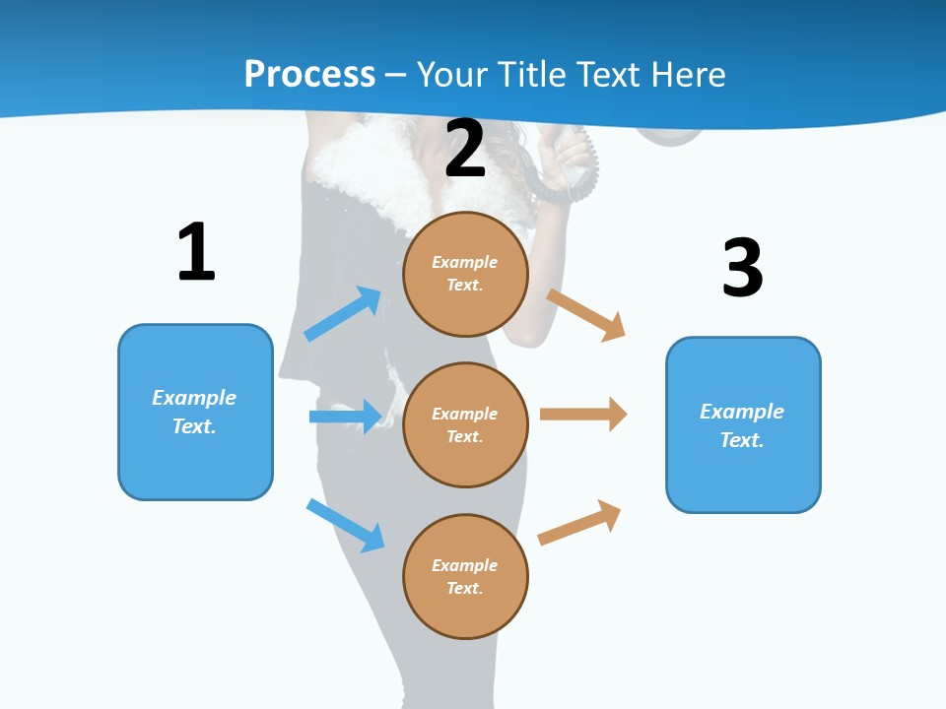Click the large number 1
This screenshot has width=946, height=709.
[196, 252]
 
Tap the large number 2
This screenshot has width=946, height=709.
[465, 149]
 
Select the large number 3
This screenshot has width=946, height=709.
[742, 268]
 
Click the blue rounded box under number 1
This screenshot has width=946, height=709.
[195, 412]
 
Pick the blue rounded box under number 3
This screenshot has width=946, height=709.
[743, 425]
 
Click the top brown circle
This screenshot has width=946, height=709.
[465, 274]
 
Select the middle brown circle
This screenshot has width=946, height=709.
[465, 424]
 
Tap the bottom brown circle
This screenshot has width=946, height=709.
[465, 576]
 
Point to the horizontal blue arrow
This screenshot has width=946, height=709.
[346, 417]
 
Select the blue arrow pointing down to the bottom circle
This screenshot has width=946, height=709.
[346, 525]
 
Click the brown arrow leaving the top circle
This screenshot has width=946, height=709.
[586, 314]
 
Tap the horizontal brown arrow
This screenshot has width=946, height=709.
[583, 415]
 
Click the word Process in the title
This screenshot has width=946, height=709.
[309, 74]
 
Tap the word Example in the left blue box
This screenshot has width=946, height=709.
[194, 398]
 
